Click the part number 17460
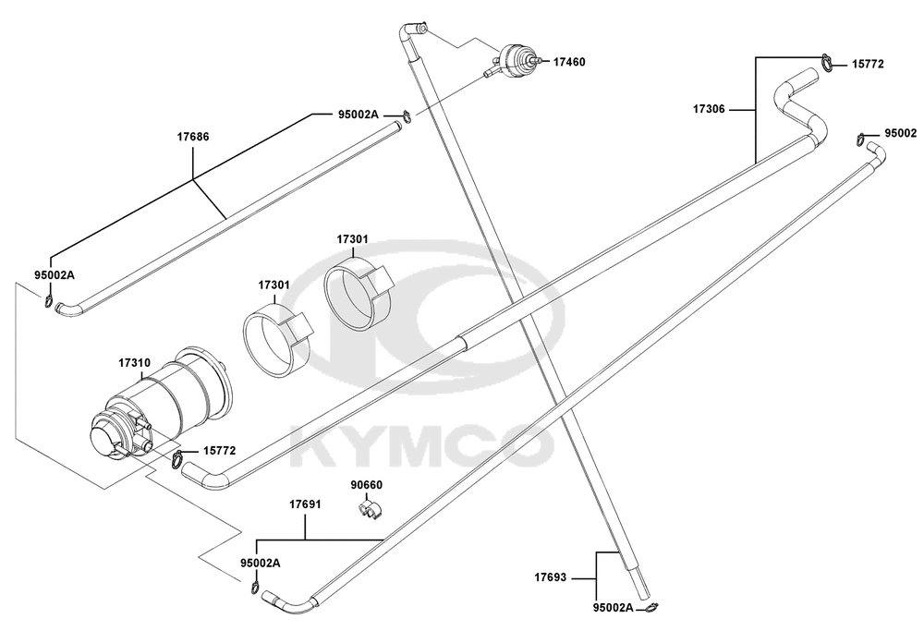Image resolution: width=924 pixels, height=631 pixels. (x=568, y=62)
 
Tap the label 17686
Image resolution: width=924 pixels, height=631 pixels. (x=193, y=137)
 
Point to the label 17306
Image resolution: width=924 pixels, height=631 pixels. (x=709, y=109)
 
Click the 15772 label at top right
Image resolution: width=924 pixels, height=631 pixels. (x=868, y=65)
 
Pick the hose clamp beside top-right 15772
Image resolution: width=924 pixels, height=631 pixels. (x=827, y=63)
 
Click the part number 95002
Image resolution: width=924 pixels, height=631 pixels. (x=900, y=134)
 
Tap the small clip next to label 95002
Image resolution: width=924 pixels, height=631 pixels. (x=861, y=139)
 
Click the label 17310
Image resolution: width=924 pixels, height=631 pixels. (x=134, y=363)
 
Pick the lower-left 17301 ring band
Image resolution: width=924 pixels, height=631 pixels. (x=277, y=340)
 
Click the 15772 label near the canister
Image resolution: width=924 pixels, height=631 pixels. (x=219, y=451)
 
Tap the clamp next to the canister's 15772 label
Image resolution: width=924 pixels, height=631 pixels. (x=177, y=458)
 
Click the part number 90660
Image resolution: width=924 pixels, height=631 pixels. (x=367, y=485)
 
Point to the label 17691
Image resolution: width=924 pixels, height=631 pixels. (x=305, y=504)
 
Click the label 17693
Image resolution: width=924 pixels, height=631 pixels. (x=551, y=577)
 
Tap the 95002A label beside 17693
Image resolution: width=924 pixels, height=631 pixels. (x=613, y=607)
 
